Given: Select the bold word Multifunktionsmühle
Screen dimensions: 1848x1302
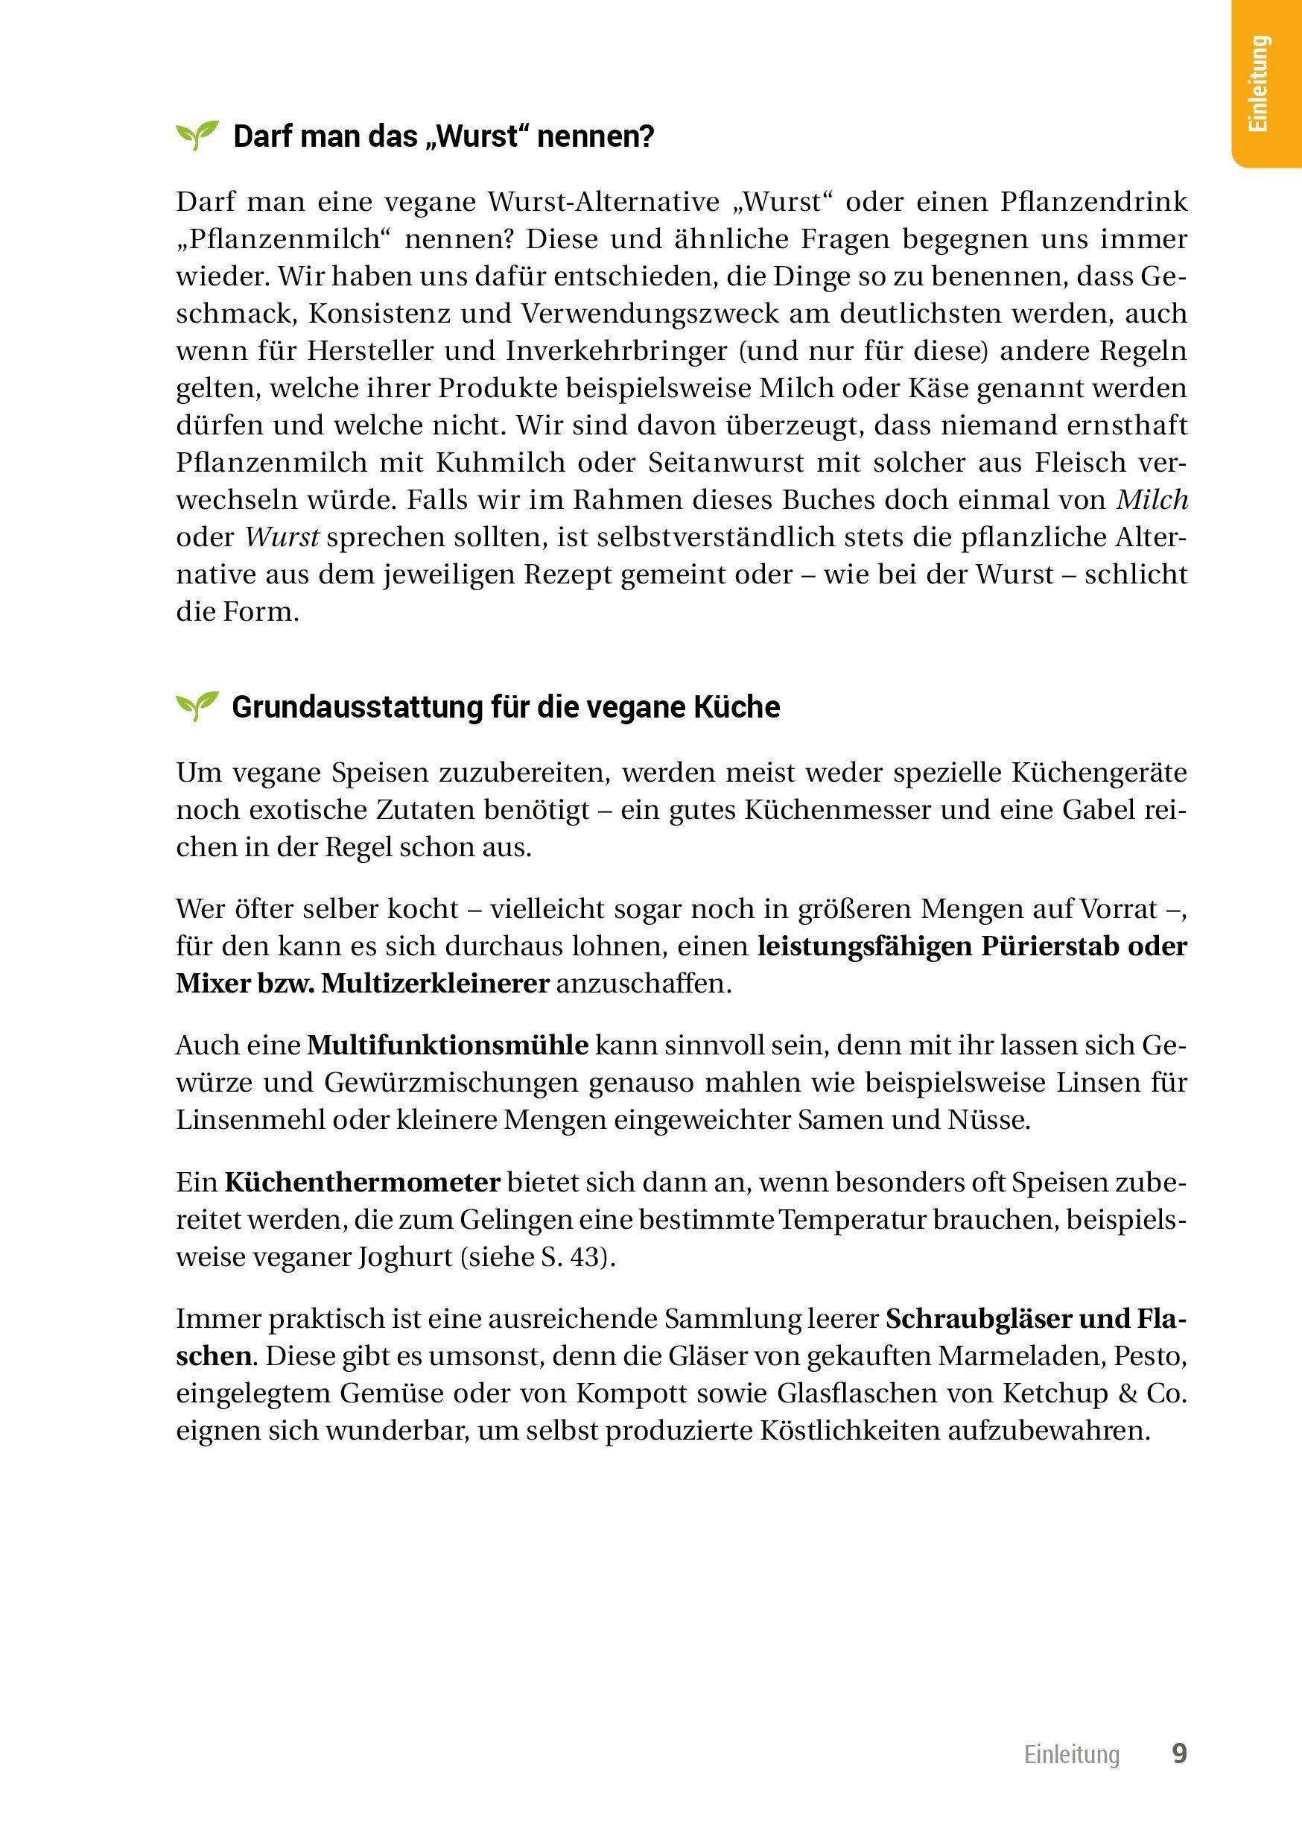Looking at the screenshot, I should click(448, 1045).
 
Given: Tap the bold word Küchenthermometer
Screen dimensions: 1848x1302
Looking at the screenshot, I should click(362, 1183).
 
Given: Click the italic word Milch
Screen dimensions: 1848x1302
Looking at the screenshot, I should click(1152, 500).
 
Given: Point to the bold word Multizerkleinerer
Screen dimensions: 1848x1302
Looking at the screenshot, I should click(434, 984).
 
